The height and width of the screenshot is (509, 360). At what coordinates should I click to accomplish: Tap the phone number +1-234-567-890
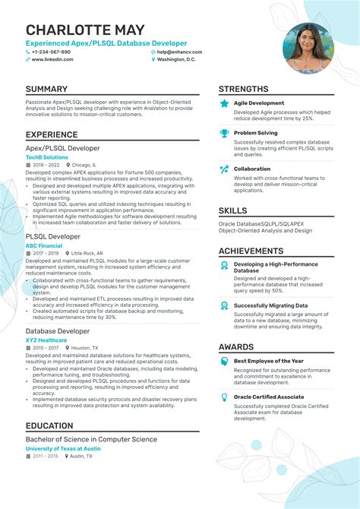[52, 52]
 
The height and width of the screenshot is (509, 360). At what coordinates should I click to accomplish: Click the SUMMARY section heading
[46, 89]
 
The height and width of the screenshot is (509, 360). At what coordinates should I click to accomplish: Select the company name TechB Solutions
[46, 157]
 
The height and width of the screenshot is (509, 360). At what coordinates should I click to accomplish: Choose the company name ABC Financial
[43, 246]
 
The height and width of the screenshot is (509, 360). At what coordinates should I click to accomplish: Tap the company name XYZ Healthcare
[46, 340]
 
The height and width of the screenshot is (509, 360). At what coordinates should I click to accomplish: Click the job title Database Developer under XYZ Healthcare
[58, 331]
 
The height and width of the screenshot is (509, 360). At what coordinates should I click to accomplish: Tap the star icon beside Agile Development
[224, 103]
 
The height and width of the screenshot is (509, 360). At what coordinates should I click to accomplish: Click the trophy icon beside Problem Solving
[224, 133]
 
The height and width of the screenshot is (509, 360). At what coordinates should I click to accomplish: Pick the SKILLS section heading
[232, 210]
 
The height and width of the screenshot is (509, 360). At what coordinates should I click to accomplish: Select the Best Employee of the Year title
[268, 361]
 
